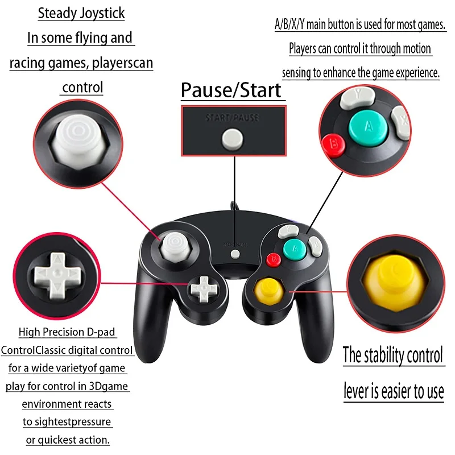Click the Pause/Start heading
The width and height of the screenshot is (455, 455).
pyautogui.click(x=231, y=90)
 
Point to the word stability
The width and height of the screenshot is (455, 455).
pyautogui.click(x=387, y=355)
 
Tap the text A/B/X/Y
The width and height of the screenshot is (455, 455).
pyautogui.click(x=289, y=25)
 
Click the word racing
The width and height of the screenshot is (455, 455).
pyautogui.click(x=27, y=63)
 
